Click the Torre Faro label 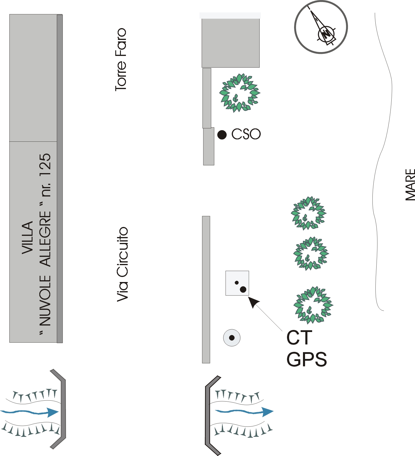pyautogui.click(x=121, y=59)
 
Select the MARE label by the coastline pyautogui.click(x=410, y=185)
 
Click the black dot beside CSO pyautogui.click(x=222, y=135)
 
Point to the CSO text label pyautogui.click(x=246, y=134)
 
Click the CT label pyautogui.click(x=299, y=338)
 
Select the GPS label pyautogui.click(x=307, y=359)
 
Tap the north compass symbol pyautogui.click(x=321, y=27)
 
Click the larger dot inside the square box pyautogui.click(x=243, y=289)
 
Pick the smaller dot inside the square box pyautogui.click(x=236, y=283)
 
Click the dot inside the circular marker pyautogui.click(x=232, y=338)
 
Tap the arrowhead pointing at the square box pyautogui.click(x=253, y=302)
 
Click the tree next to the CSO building pyautogui.click(x=239, y=93)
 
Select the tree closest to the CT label pyautogui.click(x=313, y=305)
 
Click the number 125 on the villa pyautogui.click(x=46, y=165)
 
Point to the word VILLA pyautogui.click(x=27, y=238)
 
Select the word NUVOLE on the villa pyautogui.click(x=46, y=301)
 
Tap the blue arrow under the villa pyautogui.click(x=30, y=412)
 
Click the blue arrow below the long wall pyautogui.click(x=244, y=411)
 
